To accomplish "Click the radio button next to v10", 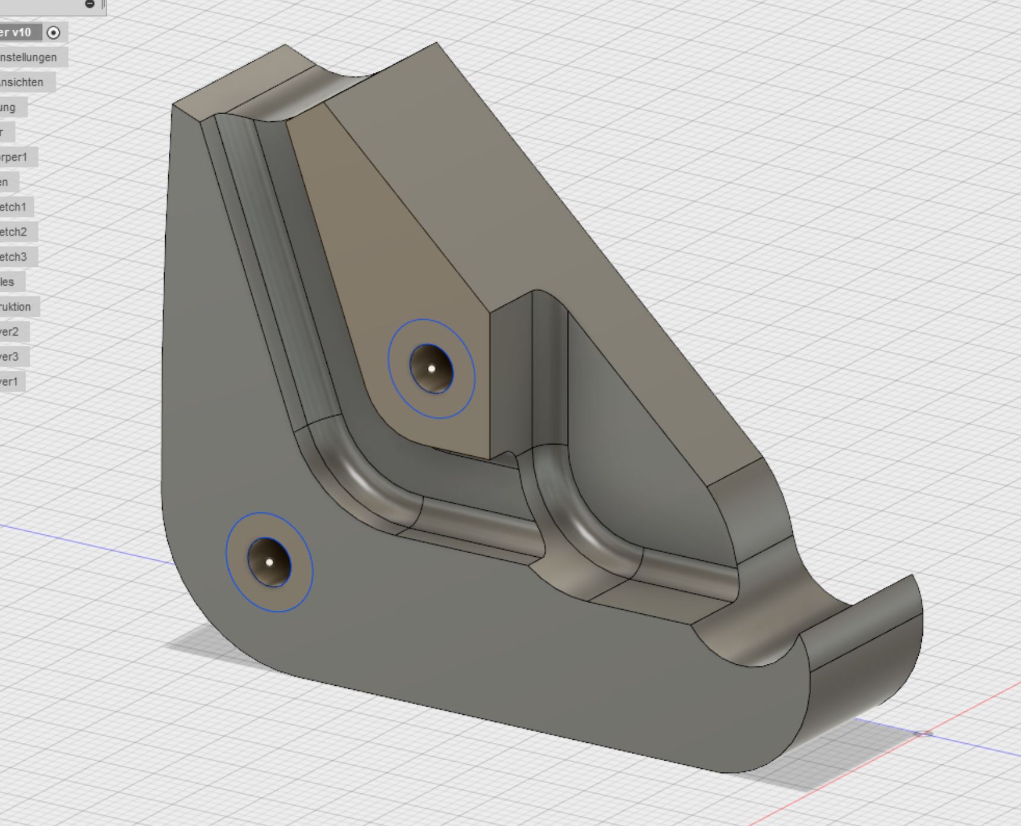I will pos(53,33).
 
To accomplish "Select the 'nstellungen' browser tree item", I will pos(29,58).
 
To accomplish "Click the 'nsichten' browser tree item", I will pos(22,83).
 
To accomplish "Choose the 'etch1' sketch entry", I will pos(13,207).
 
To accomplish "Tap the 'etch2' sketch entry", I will pos(13,232).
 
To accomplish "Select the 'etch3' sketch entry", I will pos(13,257).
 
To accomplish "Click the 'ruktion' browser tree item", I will pos(15,307).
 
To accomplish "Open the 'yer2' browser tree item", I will pos(10,332).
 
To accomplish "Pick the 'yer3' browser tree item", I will pos(10,357).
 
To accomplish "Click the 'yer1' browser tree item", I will pos(10,382).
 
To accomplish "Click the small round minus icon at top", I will pos(90,4).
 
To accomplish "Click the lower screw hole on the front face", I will pos(269,562).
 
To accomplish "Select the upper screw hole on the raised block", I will pos(431,368).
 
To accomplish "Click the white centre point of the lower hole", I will pos(269,562).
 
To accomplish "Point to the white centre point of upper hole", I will pos(431,368).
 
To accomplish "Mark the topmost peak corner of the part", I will pos(437,43).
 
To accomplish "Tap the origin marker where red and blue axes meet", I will pos(922,734).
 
